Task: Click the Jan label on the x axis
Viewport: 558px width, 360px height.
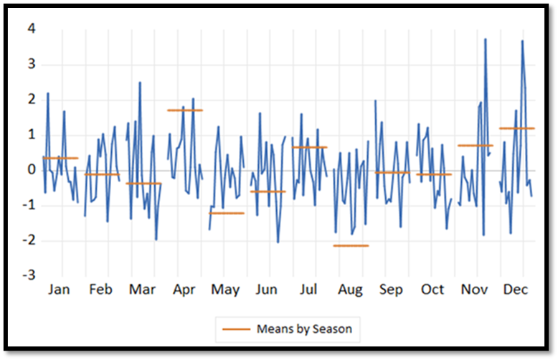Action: pos(60,290)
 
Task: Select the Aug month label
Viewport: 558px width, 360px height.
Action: pos(349,290)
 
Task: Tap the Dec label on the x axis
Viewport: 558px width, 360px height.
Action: pos(516,290)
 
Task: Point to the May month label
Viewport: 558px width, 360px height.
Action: pos(225,290)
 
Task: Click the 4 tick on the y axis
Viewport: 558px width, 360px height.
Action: pos(32,29)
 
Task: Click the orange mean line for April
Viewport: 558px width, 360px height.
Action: pos(185,110)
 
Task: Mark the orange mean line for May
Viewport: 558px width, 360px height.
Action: pos(227,213)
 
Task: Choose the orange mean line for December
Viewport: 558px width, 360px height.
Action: pos(517,128)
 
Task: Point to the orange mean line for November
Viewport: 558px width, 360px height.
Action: pos(476,146)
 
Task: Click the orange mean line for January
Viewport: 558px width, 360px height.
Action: pos(60,158)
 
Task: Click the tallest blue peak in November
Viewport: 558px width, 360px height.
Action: pos(486,39)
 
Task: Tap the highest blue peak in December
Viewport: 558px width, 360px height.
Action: pos(522,41)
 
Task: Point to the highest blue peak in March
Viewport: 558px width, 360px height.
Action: pos(140,82)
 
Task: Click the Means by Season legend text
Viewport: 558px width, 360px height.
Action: pos(304,329)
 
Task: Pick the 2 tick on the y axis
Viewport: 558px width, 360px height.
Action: pos(32,100)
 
